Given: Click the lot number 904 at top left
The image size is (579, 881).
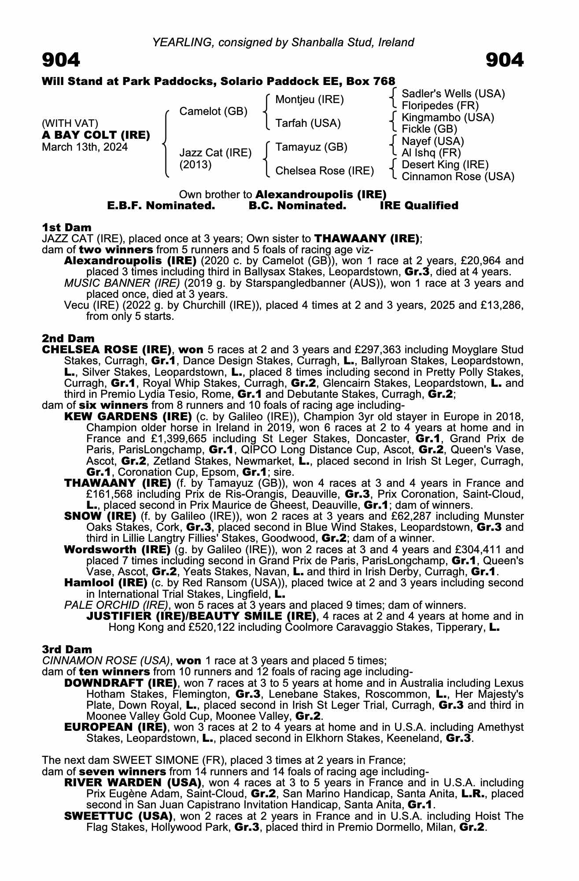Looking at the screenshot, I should click(61, 60).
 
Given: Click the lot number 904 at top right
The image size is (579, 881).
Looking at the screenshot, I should click(505, 60).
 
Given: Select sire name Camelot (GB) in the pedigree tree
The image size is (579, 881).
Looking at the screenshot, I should click(213, 111).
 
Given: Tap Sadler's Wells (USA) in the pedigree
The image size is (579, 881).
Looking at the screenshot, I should click(453, 93).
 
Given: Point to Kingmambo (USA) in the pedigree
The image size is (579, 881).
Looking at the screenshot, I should click(448, 118).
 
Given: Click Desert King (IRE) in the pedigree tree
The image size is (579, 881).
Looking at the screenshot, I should click(445, 165).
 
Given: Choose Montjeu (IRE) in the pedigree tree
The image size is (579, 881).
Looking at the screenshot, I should click(309, 100).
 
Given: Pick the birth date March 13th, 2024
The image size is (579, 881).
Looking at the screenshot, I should click(85, 147).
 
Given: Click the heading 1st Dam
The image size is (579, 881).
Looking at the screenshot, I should click(66, 227).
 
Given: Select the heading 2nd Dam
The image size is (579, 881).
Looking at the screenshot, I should click(68, 338).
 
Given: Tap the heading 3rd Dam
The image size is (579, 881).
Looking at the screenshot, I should click(67, 649).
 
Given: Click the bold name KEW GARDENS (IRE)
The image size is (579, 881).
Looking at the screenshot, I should click(128, 416).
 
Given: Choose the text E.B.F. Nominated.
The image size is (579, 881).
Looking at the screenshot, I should click(161, 206).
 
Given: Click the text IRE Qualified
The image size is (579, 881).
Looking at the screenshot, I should click(419, 206).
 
